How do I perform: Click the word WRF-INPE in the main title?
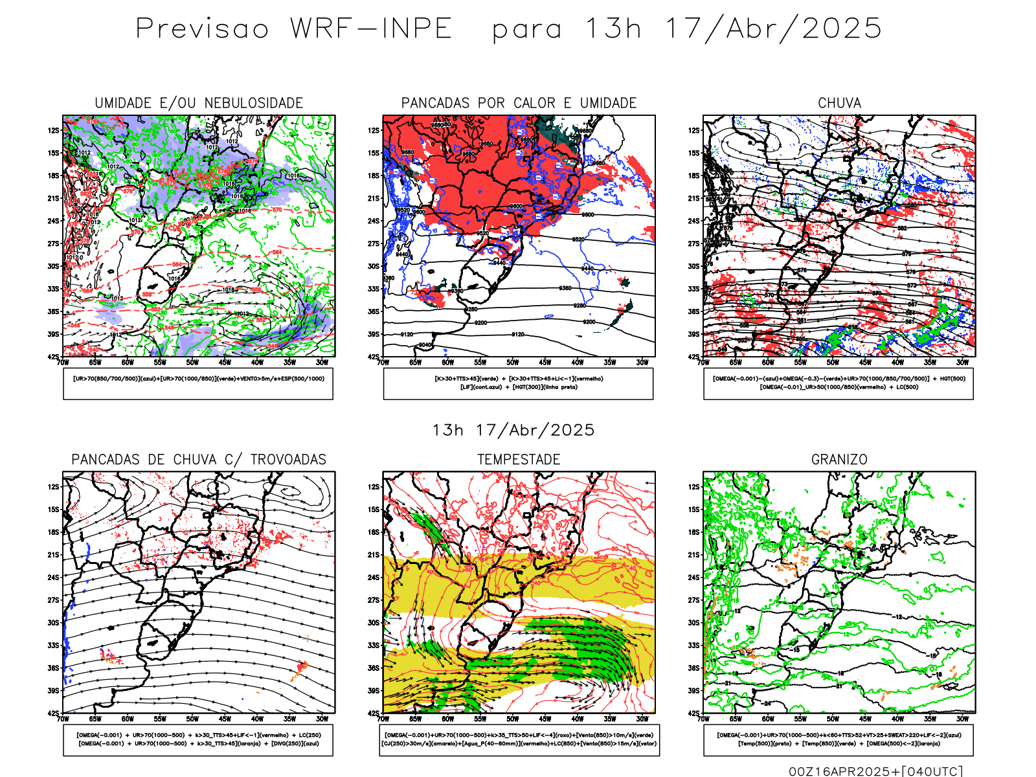coord(370,28)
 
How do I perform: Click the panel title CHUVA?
coord(839,103)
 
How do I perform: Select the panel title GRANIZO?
coord(839,460)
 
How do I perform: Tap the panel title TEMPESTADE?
coord(519,460)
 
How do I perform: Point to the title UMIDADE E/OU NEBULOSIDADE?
coord(199,103)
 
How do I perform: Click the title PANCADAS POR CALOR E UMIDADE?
coord(519,103)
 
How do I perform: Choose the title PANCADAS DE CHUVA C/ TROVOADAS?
coord(199,460)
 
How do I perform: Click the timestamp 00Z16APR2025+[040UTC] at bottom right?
coord(875,771)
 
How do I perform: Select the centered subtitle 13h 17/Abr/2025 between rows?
coord(513,430)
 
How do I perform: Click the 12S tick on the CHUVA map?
coord(694,130)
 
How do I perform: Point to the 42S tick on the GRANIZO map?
coord(694,714)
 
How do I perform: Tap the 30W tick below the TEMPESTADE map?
coord(642,719)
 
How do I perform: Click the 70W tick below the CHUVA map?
coord(704,363)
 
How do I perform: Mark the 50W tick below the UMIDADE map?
coord(192,363)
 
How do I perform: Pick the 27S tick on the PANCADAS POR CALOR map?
coord(374,243)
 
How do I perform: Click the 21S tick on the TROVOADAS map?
coord(53,555)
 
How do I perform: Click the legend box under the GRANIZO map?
coord(839,740)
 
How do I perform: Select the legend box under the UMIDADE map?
coord(198,383)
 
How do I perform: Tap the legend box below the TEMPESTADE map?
coord(519,740)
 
